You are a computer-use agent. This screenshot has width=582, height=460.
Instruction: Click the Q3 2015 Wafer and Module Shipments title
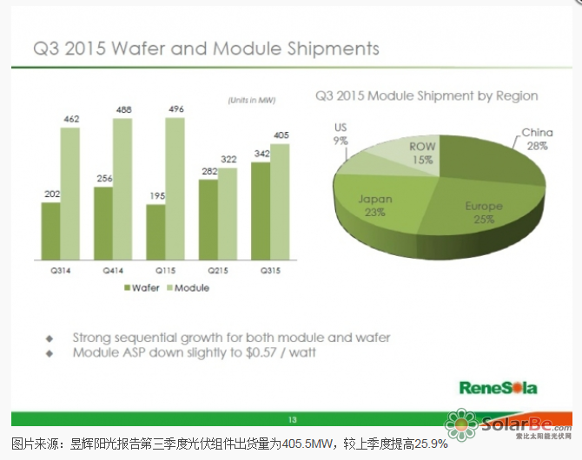(206, 48)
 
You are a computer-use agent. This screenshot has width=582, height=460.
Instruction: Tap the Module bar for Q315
(280, 203)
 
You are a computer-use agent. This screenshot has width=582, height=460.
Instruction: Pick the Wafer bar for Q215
(208, 221)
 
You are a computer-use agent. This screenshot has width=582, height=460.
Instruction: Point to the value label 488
(123, 109)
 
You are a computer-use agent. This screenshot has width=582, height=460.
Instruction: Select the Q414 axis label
(112, 272)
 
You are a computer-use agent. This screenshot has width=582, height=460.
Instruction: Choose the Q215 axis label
(216, 272)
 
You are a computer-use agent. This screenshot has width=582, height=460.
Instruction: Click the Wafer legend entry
(142, 287)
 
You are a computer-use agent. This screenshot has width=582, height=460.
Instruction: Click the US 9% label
(341, 133)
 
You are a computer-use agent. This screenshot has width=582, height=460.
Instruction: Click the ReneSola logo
(498, 386)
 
